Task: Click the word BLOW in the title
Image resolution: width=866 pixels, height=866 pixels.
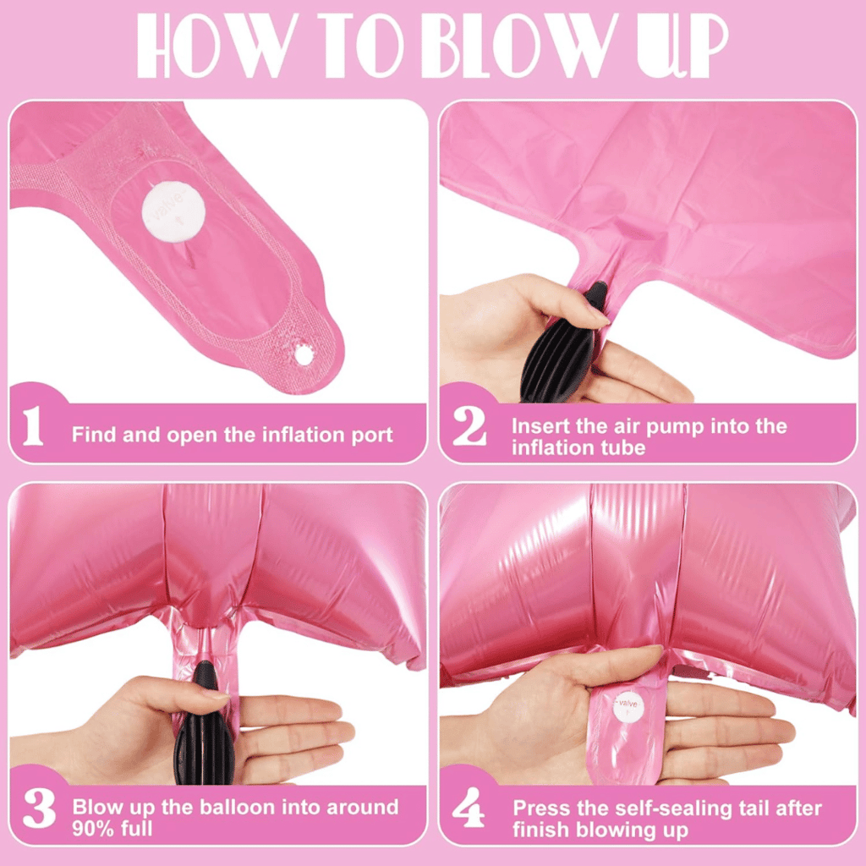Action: pyautogui.click(x=521, y=46)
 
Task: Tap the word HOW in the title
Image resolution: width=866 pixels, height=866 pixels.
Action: pyautogui.click(x=218, y=46)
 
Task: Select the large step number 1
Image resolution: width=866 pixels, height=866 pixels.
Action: pyautogui.click(x=33, y=425)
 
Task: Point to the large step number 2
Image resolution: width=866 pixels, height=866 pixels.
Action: pyautogui.click(x=469, y=425)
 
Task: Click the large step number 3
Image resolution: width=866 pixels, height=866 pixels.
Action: pyautogui.click(x=39, y=808)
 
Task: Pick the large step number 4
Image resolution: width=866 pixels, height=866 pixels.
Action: pyautogui.click(x=469, y=808)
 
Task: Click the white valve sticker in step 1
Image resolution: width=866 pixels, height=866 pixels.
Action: pyautogui.click(x=173, y=212)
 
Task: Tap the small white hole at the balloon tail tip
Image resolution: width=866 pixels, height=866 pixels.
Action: pyautogui.click(x=304, y=354)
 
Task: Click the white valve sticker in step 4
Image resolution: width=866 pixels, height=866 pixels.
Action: pyautogui.click(x=628, y=708)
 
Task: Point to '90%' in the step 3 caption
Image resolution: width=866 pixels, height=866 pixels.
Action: pyautogui.click(x=93, y=829)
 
